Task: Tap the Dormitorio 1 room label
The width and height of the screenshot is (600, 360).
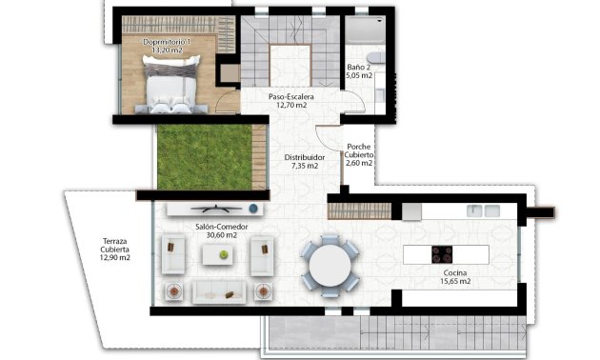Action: [168, 43]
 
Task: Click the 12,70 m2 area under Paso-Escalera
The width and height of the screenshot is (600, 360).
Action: [290, 106]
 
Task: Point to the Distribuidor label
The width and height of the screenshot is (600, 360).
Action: [306, 157]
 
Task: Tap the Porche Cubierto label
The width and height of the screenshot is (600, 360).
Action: [360, 150]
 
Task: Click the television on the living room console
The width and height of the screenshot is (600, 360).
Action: [213, 208]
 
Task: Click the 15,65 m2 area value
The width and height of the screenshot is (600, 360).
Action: [455, 281]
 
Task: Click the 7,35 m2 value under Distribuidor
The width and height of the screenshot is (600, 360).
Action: [306, 166]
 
